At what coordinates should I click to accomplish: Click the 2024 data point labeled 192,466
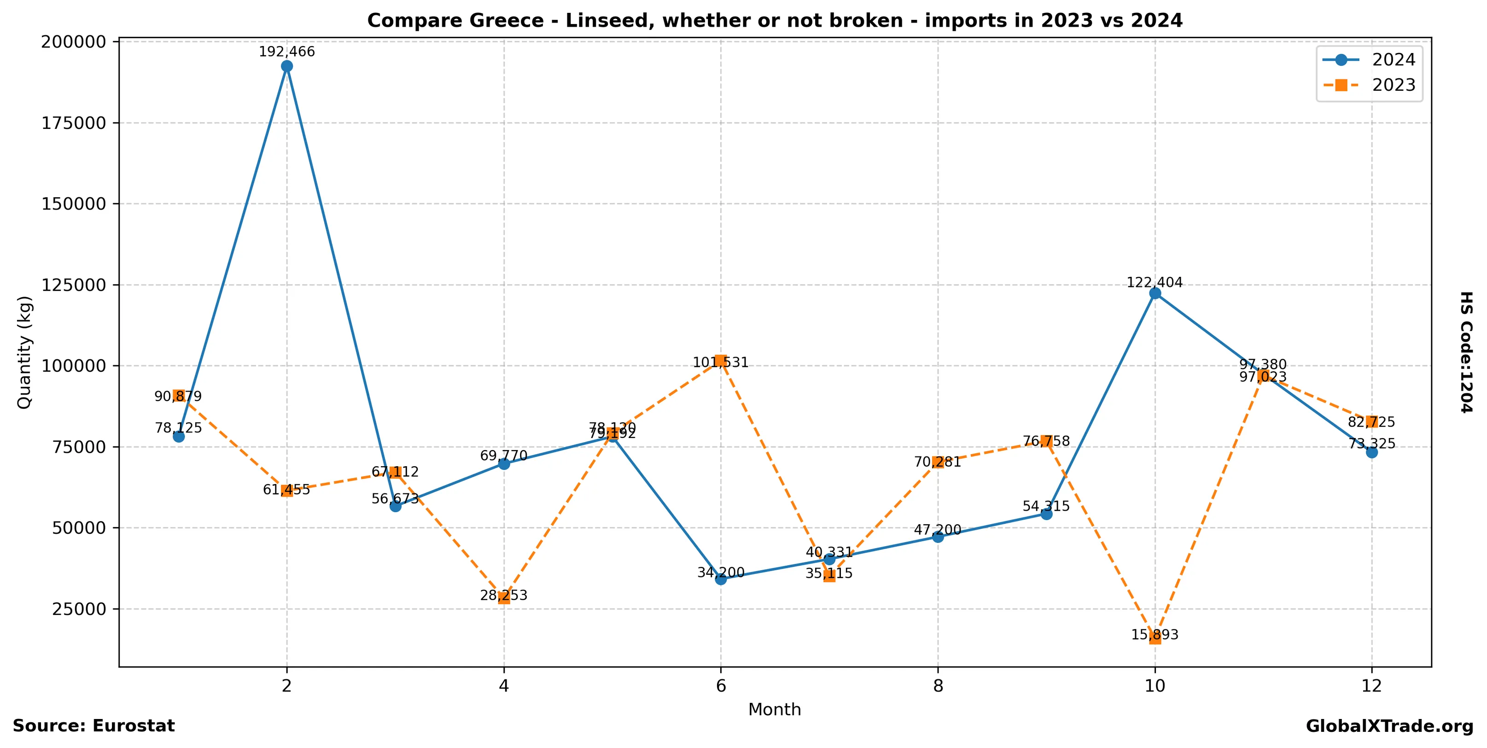pos(287,66)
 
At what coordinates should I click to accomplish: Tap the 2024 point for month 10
pos(1155,293)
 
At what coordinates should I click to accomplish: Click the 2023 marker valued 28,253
pos(504,598)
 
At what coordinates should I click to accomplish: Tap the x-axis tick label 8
pos(938,686)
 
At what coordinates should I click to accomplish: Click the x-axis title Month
pos(774,710)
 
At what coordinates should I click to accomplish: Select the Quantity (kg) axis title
pos(24,353)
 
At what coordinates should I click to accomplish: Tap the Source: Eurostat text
pos(93,726)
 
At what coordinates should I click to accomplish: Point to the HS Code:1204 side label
pos(1466,353)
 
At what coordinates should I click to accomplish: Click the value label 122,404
pos(1155,282)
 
